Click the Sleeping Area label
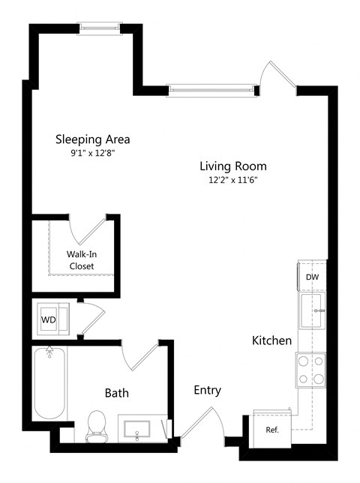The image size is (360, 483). pos(93,139)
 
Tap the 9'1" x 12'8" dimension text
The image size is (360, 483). pos(93,153)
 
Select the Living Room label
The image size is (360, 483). pos(233,166)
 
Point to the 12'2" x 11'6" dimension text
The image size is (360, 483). pos(233,180)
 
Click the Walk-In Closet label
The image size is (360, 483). pos(82,260)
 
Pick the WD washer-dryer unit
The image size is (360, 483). pos(53,319)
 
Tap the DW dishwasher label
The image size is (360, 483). pos(312,277)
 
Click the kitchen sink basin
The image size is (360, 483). pos(312,310)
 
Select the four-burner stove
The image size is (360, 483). pos(310,370)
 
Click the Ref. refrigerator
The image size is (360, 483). pos(272,429)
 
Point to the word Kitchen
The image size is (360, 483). pos(272,340)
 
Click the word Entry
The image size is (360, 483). pos(208,390)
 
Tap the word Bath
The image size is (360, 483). pos(117,393)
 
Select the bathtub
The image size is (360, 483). pos(49,383)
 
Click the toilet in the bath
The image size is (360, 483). pos(97,426)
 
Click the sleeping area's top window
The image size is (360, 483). pos(100,28)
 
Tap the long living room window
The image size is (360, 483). pos(211,90)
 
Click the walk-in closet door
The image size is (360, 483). pos(88,229)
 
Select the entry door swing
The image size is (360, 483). pos(204,422)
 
